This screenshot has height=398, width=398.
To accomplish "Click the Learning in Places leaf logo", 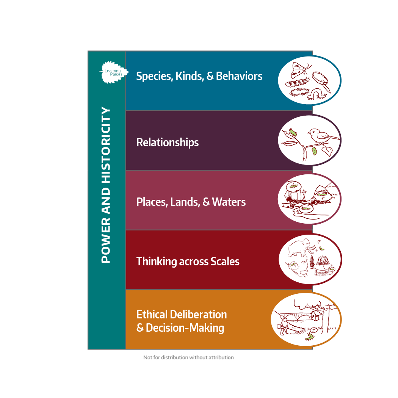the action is click(x=114, y=72).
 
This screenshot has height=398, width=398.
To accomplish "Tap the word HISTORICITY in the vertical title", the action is click(x=106, y=145).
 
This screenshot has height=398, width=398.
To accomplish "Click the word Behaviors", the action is click(x=239, y=76).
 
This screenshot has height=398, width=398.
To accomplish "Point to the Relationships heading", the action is click(x=168, y=143).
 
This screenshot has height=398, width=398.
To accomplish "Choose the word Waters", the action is click(x=229, y=202).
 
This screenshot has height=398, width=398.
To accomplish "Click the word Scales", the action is click(x=225, y=262).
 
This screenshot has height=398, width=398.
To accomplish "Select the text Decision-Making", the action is click(x=185, y=328).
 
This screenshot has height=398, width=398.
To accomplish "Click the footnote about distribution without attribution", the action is click(x=189, y=357).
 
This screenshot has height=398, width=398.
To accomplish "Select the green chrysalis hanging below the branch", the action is click(x=314, y=151).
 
